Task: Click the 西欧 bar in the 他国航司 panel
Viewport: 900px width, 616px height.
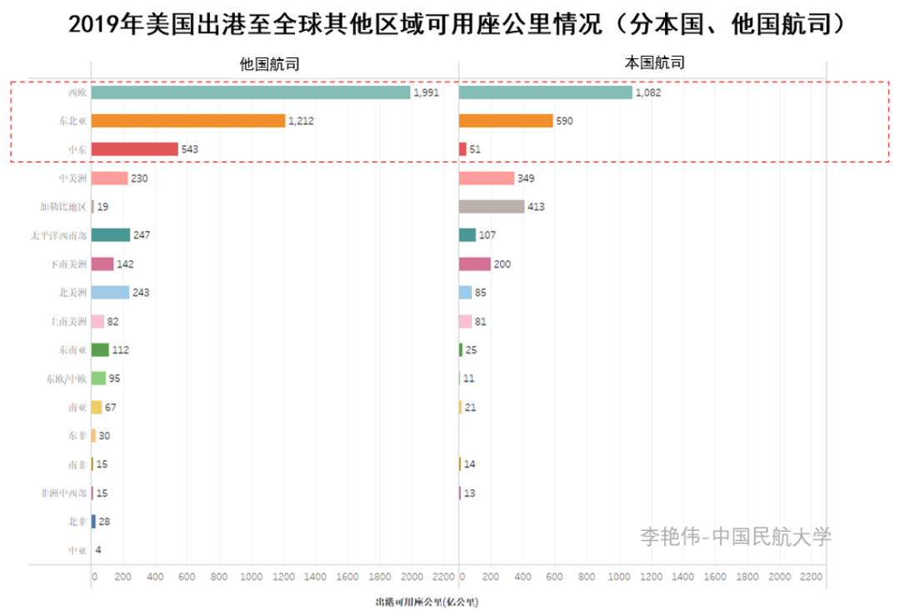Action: [x=250, y=93]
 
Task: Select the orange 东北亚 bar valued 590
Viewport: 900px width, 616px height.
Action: [x=506, y=121]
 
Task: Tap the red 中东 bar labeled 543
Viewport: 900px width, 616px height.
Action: [x=134, y=149]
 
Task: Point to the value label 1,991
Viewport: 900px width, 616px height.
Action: [x=426, y=93]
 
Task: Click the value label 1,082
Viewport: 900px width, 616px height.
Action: [x=647, y=93]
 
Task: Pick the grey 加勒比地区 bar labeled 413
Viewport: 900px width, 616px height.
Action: [x=492, y=207]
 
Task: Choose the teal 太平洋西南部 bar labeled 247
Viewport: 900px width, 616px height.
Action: [x=110, y=236]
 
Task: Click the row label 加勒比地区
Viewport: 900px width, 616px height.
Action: [x=62, y=207]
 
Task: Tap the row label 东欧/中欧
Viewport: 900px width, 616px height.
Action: [x=66, y=378]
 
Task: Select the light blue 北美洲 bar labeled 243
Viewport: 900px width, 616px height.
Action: [x=110, y=293]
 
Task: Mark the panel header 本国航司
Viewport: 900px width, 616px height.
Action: [x=655, y=63]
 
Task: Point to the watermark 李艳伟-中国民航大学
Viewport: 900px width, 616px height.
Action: [x=735, y=537]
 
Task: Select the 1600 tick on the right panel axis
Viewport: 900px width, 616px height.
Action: [x=715, y=577]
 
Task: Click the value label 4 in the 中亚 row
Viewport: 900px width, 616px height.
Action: [x=98, y=550]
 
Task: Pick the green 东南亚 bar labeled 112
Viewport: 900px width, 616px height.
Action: [x=100, y=350]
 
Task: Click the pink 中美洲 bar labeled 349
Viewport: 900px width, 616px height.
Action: [x=487, y=178]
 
